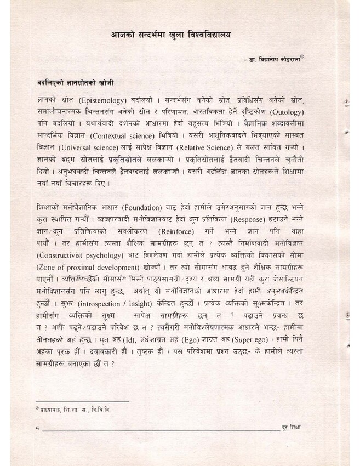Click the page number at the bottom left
tap(36, 428)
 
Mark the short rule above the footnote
tap(82, 402)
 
